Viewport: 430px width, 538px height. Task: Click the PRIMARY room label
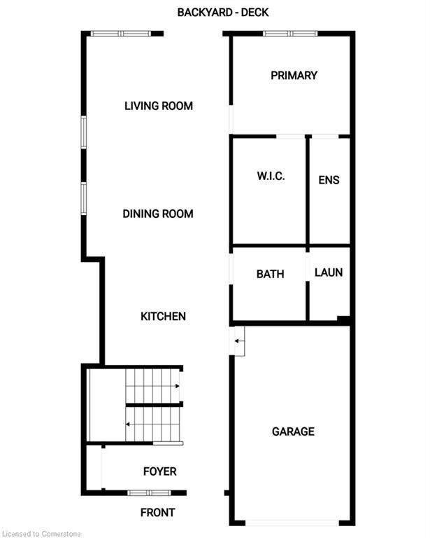coord(294,76)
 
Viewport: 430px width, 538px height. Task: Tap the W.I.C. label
coord(271,177)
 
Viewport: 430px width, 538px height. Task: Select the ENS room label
coord(329,180)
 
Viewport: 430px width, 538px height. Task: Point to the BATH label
coord(270,274)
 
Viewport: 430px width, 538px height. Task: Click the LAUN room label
coord(329,273)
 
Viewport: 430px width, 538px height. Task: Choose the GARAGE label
coord(293,432)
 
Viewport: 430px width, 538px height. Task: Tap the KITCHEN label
coord(164,317)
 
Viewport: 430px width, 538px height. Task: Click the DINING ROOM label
coord(158,214)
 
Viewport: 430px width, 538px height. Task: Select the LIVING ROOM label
coord(159,106)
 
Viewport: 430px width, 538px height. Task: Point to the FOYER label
coord(160,471)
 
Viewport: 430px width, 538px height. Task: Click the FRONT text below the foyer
coord(158,513)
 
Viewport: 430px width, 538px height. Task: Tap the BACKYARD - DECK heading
coord(223,13)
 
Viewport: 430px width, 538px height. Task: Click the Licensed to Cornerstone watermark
coord(41,534)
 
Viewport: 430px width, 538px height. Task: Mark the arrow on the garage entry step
coord(239,341)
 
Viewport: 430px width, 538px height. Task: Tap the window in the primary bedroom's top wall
coord(290,34)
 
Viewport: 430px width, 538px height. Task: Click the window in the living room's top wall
coord(120,34)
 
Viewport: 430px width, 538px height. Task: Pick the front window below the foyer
coord(149,493)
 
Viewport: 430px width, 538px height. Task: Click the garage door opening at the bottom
coord(292,523)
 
